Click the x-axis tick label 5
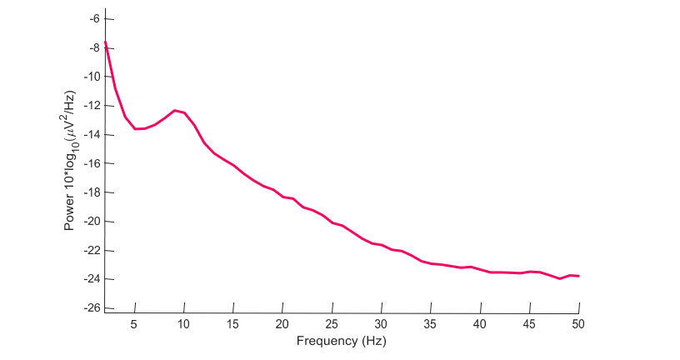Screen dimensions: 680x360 coord(133,324)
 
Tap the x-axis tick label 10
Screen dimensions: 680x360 coord(183,324)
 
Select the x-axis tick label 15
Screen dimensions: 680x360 coord(232,324)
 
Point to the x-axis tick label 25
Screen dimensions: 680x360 coord(332,324)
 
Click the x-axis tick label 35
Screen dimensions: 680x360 coord(430,324)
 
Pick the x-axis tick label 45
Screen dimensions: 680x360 coord(529,324)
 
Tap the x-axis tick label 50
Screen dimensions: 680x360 coord(578,324)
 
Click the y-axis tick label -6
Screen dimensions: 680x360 coord(94,18)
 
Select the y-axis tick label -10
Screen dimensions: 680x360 coord(92,77)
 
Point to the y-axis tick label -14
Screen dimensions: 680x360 coord(92,134)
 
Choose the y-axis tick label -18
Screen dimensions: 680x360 coord(92,192)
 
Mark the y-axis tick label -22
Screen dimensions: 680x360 coord(92,250)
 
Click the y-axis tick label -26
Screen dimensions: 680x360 coord(92,308)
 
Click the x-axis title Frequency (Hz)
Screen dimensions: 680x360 coord(342,341)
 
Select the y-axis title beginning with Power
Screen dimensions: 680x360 coord(70,161)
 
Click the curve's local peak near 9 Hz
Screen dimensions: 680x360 coord(175,110)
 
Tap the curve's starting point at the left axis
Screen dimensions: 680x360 coord(105,42)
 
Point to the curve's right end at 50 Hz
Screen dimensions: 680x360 coord(579,276)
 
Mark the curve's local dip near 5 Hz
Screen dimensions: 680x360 coord(135,129)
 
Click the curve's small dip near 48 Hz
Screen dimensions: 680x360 coord(559,278)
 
